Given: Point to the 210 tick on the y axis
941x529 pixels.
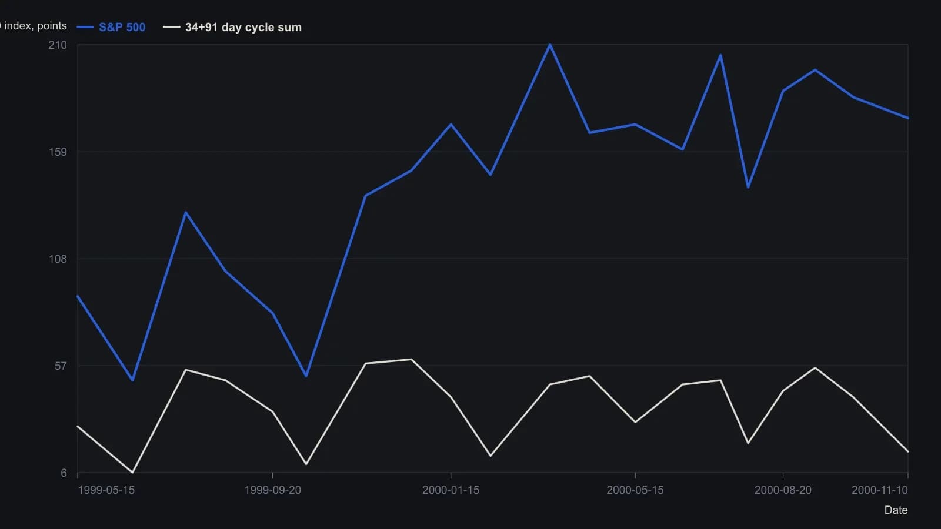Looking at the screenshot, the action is (x=58, y=45).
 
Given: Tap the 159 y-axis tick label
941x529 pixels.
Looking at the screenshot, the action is (x=58, y=152).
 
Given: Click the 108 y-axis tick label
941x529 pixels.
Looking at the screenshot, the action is (x=58, y=259).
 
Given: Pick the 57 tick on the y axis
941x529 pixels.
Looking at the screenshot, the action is (x=61, y=366).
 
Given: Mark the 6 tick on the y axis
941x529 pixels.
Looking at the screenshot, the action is (x=64, y=473).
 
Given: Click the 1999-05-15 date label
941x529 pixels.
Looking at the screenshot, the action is (x=106, y=490).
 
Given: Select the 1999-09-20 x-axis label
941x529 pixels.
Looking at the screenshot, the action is (x=273, y=490).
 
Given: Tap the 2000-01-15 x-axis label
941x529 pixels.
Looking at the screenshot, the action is (x=451, y=490).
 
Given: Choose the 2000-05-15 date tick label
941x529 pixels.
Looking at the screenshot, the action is (x=635, y=490).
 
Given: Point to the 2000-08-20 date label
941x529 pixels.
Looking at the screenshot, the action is (x=783, y=490).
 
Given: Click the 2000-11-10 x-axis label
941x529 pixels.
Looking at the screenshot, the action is (x=880, y=490).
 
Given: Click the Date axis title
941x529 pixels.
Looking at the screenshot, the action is (x=896, y=510).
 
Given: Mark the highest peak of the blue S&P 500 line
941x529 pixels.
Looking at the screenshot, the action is (x=550, y=45).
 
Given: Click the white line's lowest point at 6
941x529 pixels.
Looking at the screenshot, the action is (x=133, y=473).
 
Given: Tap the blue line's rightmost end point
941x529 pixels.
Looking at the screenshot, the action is (x=908, y=118).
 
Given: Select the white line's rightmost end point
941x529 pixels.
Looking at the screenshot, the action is (x=908, y=452).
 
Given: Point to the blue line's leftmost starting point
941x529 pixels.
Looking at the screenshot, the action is (x=78, y=296).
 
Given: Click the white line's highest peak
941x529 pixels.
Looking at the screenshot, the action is (x=411, y=359).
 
